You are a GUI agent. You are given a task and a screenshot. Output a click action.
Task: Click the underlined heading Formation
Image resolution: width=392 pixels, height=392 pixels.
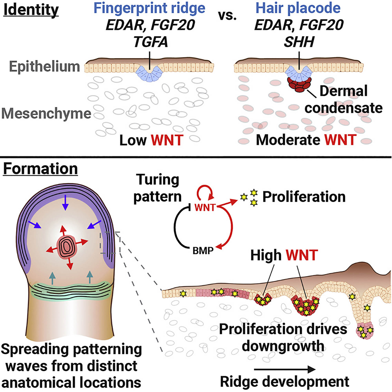click(41, 169)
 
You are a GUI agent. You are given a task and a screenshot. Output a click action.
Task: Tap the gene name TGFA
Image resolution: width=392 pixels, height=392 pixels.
click(151, 42)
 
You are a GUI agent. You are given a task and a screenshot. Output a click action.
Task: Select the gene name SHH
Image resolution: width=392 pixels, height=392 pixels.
click(299, 42)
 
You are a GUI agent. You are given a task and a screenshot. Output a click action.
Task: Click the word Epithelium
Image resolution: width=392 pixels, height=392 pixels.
click(44, 67)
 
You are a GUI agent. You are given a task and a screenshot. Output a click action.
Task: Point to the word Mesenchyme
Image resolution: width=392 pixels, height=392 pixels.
click(46, 113)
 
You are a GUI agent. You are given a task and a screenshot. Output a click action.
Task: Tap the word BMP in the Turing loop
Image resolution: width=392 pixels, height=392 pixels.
click(203, 251)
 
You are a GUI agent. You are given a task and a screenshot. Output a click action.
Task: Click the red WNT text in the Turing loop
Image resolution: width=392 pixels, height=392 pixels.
click(205, 208)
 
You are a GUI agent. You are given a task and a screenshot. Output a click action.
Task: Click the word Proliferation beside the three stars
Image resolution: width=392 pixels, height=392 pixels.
click(304, 197)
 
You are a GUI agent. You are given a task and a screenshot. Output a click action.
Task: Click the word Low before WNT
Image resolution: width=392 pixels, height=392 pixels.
click(133, 140)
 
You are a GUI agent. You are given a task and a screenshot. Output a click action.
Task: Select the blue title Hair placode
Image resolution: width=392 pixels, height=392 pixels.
click(298, 8)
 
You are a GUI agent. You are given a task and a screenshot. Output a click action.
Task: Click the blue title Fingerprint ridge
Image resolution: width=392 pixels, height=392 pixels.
click(150, 8)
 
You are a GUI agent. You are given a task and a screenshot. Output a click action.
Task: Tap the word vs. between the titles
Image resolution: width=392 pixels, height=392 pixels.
click(227, 16)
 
